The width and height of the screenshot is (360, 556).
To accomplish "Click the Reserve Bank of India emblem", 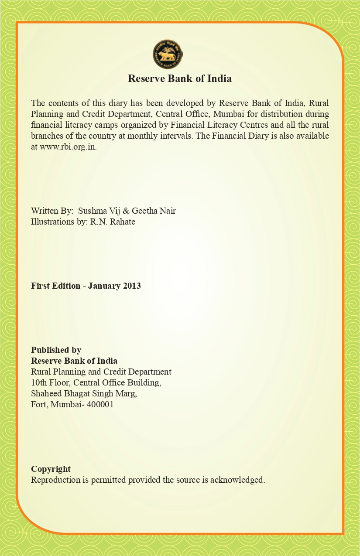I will pyautogui.click(x=168, y=54).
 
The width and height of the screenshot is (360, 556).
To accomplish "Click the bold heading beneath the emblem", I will pyautogui.click(x=179, y=78).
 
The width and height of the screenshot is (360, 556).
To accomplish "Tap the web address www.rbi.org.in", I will pyautogui.click(x=68, y=147).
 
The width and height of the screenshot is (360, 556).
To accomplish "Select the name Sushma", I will pyautogui.click(x=91, y=211).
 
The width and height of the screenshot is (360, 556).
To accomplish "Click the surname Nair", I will pyautogui.click(x=167, y=211).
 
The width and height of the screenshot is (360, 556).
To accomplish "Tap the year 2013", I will pyautogui.click(x=131, y=286).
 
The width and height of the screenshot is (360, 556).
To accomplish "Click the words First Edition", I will pyautogui.click(x=55, y=286).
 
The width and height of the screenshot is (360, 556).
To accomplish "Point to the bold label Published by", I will pyautogui.click(x=56, y=350).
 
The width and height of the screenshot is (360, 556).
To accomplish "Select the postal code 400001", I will pyautogui.click(x=100, y=404).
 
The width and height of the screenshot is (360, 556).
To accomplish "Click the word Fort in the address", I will pyautogui.click(x=39, y=404).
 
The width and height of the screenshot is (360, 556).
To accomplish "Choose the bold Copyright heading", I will pyautogui.click(x=51, y=469).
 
